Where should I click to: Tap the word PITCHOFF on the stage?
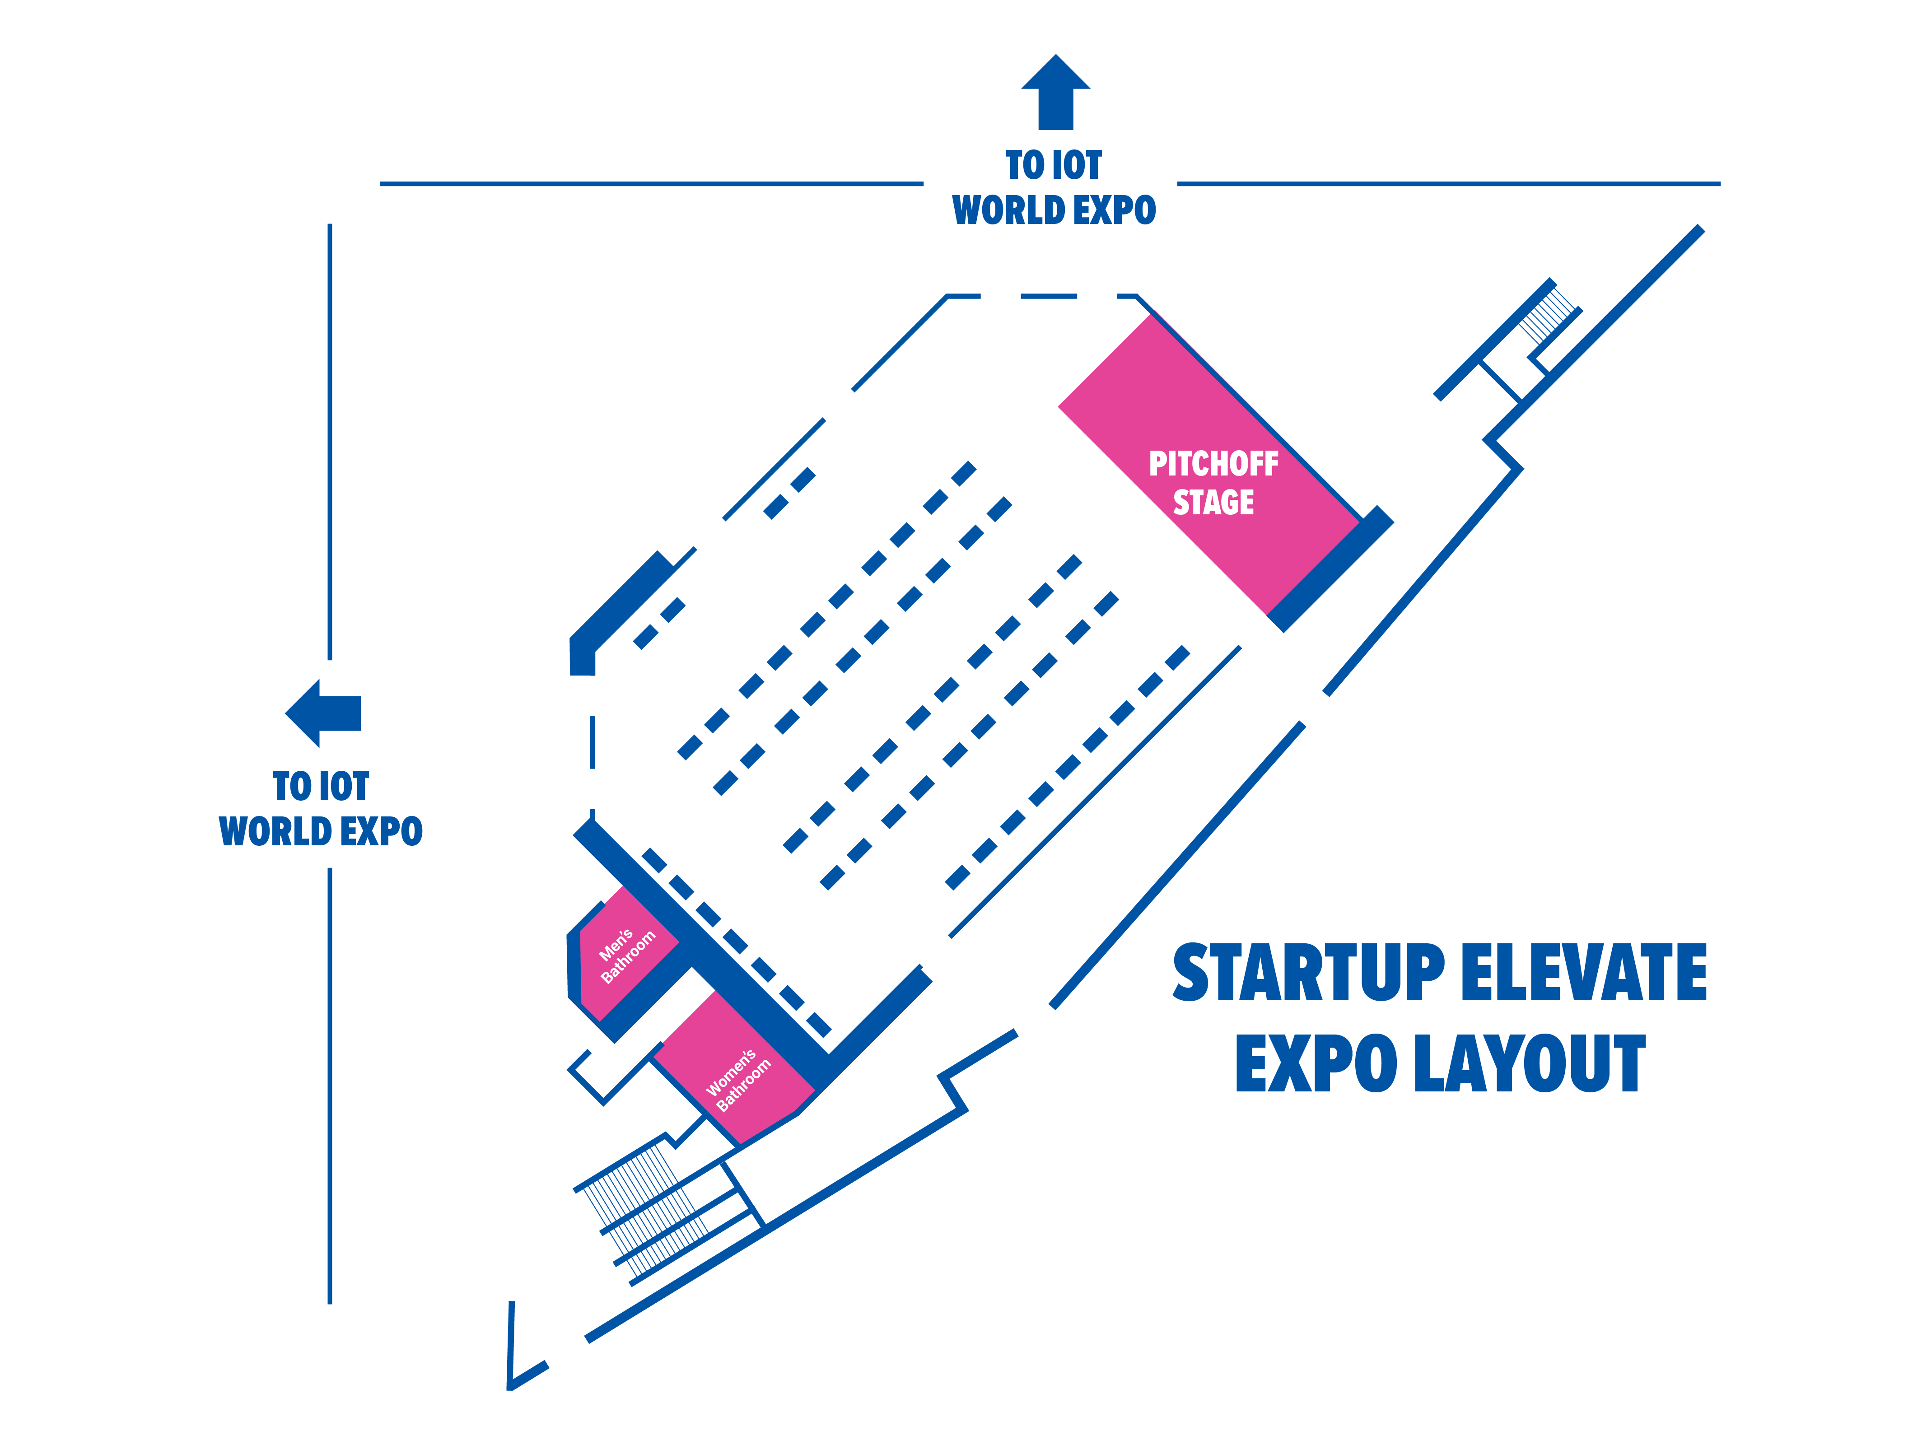[1213, 463]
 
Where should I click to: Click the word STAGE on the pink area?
[1213, 503]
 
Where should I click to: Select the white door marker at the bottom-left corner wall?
[568, 1354]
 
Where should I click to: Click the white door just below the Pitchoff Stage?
[1258, 636]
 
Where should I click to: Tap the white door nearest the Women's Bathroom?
[939, 955]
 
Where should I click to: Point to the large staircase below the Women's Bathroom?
[649, 1206]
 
